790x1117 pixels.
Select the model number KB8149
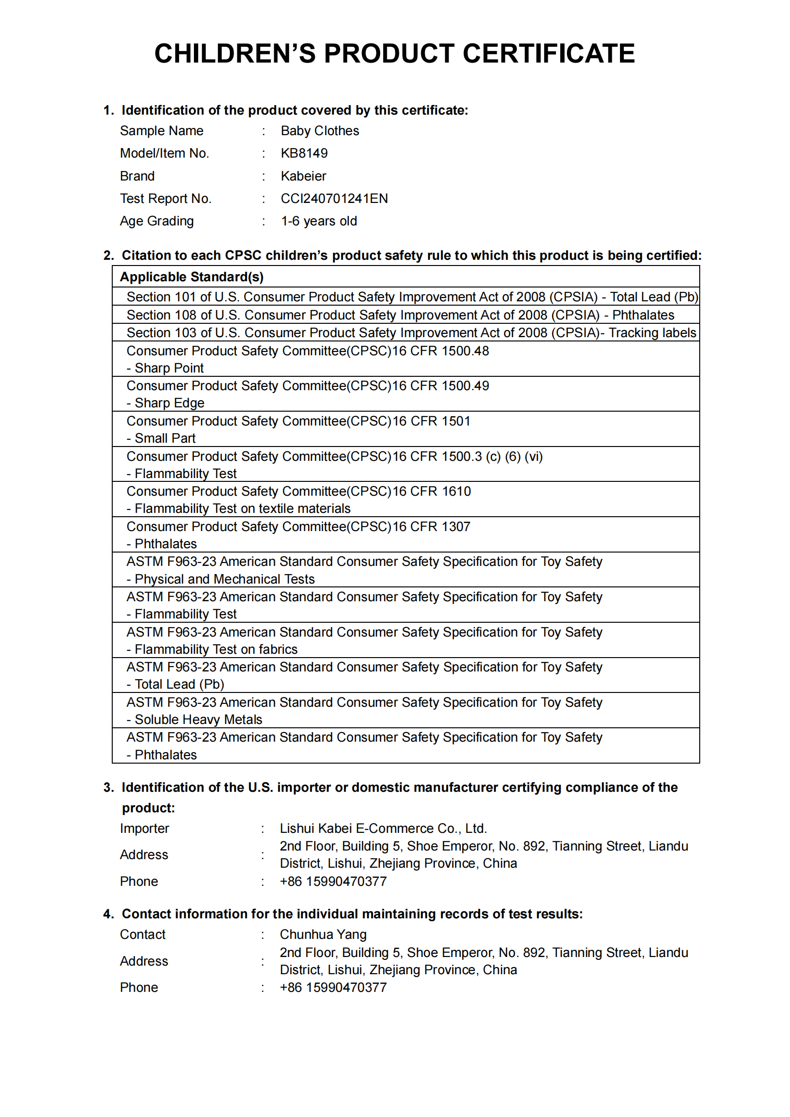(304, 153)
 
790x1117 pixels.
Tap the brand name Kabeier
(303, 176)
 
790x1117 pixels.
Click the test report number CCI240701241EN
(334, 199)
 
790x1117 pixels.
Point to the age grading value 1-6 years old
(319, 221)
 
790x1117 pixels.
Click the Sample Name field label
(161, 131)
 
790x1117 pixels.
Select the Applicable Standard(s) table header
(192, 277)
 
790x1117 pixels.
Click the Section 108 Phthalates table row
(400, 315)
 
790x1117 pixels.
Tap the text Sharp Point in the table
(169, 368)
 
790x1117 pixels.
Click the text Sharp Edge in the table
(169, 404)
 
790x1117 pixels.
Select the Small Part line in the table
(165, 438)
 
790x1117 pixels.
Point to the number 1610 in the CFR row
(456, 491)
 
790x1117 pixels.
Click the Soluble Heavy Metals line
(198, 720)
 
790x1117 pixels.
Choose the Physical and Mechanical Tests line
(224, 579)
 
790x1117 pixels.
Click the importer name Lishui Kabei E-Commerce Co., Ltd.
(383, 829)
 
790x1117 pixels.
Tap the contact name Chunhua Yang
(323, 935)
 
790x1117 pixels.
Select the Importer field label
(144, 829)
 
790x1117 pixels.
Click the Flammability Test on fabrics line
(215, 649)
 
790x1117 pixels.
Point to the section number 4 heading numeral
(107, 914)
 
